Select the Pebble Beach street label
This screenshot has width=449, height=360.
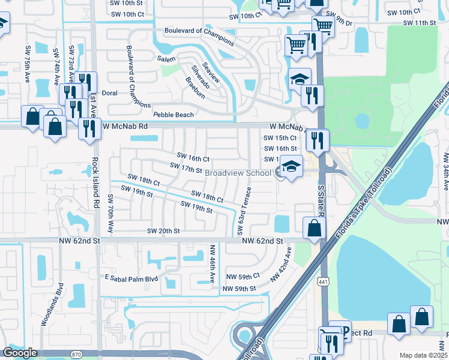(173, 115)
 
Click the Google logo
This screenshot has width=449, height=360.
(19, 353)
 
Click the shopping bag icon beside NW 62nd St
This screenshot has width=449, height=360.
(314, 227)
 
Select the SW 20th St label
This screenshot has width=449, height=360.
(164, 231)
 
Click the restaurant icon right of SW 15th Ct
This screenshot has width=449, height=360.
(317, 140)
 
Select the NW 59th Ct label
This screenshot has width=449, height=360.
(243, 276)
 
